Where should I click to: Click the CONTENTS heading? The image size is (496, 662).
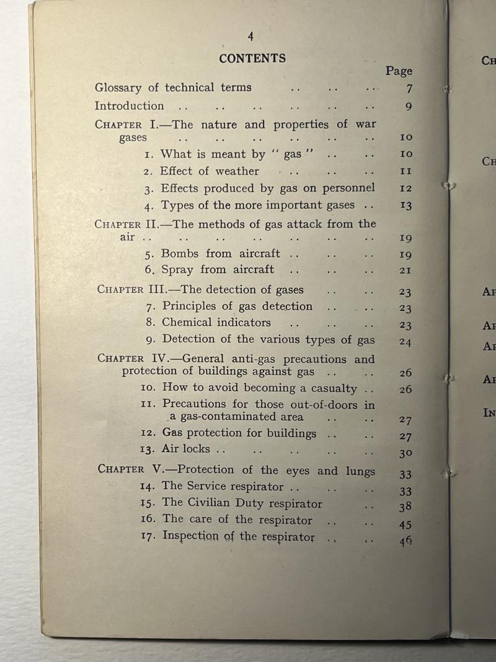pyautogui.click(x=252, y=58)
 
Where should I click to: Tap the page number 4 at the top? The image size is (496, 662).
pyautogui.click(x=250, y=37)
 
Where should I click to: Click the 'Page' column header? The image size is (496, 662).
pyautogui.click(x=399, y=71)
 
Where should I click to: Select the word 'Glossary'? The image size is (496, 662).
pyautogui.click(x=118, y=87)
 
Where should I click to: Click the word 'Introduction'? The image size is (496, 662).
pyautogui.click(x=130, y=105)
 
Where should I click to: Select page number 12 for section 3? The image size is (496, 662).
pyautogui.click(x=406, y=188)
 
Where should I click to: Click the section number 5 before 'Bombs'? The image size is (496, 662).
pyautogui.click(x=149, y=254)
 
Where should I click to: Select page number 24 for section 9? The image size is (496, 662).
pyautogui.click(x=405, y=341)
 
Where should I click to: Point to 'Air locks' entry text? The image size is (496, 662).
pyautogui.click(x=186, y=449)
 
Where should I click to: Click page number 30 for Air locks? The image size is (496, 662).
pyautogui.click(x=405, y=454)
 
